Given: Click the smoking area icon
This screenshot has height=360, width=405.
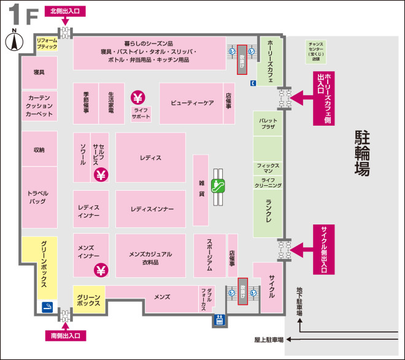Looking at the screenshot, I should (47, 305).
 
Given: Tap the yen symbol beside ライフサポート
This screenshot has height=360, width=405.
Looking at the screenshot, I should (137, 98).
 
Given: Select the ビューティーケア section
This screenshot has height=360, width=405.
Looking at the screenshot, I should (191, 103).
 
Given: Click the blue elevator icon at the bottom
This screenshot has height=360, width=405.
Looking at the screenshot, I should (219, 320).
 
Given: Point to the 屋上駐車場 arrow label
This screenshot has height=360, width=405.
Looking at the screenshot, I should (269, 339).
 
